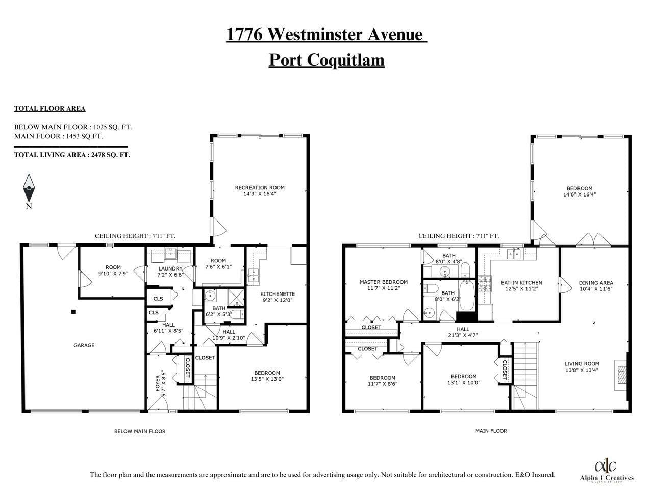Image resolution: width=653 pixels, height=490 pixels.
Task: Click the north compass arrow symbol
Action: pyautogui.click(x=29, y=188)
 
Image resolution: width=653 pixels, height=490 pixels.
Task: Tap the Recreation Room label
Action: pyautogui.click(x=260, y=188)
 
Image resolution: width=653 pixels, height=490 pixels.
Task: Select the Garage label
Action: pyautogui.click(x=84, y=345)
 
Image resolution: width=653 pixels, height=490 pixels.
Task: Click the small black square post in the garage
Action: pyautogui.click(x=73, y=312)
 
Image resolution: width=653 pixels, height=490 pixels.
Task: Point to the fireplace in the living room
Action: pyautogui.click(x=621, y=375)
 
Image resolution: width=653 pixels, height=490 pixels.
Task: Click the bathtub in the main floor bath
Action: pyautogui.click(x=466, y=295)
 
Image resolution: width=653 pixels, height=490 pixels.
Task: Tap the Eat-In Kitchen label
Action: pyautogui.click(x=521, y=283)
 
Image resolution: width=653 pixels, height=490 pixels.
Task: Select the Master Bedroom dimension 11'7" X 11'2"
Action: pyautogui.click(x=384, y=288)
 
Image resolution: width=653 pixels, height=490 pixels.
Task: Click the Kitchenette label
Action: pyautogui.click(x=278, y=294)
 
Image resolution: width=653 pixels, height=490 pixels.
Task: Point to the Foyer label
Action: pyautogui.click(x=158, y=383)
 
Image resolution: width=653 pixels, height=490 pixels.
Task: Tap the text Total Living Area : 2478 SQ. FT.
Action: pyautogui.click(x=72, y=155)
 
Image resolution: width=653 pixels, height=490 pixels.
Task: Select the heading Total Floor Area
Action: pyautogui.click(x=49, y=109)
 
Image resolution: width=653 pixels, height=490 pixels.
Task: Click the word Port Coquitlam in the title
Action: pyautogui.click(x=326, y=60)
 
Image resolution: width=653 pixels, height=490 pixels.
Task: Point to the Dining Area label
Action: pyautogui.click(x=596, y=283)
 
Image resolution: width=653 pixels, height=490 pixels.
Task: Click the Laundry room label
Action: pyautogui.click(x=170, y=268)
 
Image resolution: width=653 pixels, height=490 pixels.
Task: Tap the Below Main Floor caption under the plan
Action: pyautogui.click(x=140, y=431)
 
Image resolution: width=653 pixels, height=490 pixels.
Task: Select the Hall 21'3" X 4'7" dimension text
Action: pyautogui.click(x=463, y=335)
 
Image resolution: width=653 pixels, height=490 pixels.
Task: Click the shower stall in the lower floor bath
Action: pyautogui.click(x=236, y=297)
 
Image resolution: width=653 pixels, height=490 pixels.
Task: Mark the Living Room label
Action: pyautogui.click(x=582, y=364)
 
